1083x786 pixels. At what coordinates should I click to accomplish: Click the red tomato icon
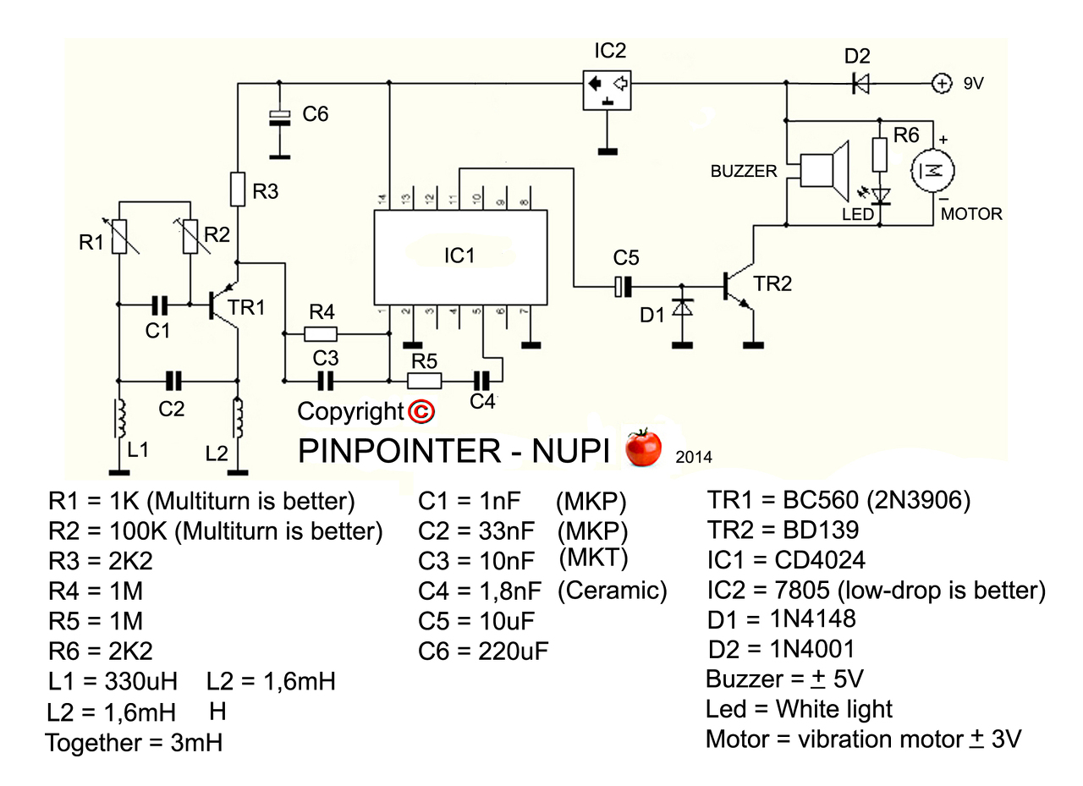click(643, 448)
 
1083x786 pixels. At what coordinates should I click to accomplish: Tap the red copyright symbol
click(421, 411)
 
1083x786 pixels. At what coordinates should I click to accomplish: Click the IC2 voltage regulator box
click(607, 89)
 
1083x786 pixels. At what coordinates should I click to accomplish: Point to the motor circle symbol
click(933, 170)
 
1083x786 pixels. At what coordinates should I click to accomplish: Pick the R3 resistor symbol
click(239, 190)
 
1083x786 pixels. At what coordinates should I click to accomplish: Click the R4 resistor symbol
click(321, 334)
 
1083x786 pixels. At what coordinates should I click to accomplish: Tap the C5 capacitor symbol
click(623, 287)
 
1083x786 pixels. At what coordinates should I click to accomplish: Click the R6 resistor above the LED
click(880, 155)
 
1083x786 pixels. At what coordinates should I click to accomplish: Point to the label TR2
click(772, 284)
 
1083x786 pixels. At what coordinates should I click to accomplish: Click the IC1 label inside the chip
click(459, 255)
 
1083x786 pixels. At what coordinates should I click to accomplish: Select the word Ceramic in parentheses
click(612, 591)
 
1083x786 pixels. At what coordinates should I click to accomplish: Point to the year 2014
click(694, 458)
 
